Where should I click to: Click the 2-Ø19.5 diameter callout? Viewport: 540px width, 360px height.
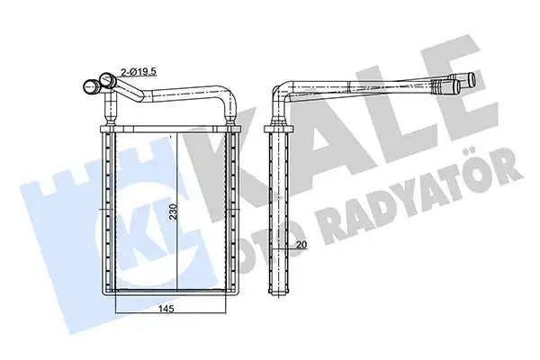139,68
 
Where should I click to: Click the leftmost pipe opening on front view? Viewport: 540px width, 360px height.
90,87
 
